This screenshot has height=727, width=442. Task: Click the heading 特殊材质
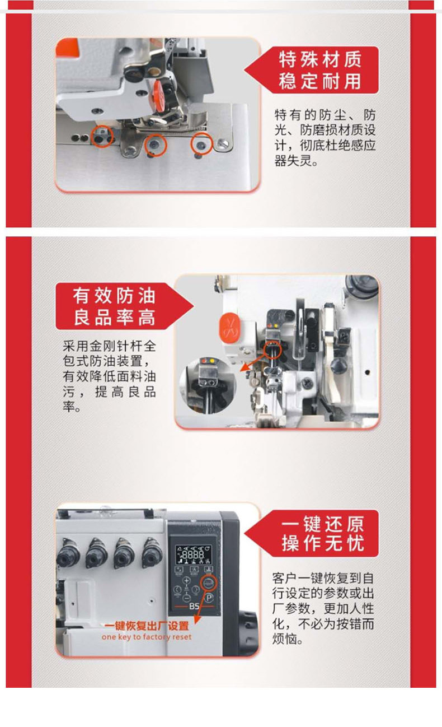[x=320, y=59]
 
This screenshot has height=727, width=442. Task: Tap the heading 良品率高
[x=115, y=319]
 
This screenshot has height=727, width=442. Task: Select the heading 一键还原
[x=322, y=524]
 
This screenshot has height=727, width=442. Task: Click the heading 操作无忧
[x=322, y=543]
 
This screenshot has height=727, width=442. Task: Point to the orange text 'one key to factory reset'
[x=146, y=637]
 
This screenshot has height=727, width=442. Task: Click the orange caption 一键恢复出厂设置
[x=147, y=626]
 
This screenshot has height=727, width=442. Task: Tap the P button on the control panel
[x=209, y=599]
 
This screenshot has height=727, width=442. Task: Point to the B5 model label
[x=194, y=606]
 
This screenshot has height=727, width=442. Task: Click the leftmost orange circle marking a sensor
[x=102, y=136]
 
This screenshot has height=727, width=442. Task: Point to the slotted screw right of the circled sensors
[x=224, y=144]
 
